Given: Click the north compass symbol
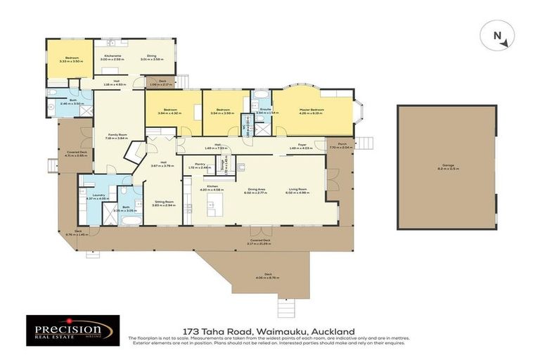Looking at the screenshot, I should (x=496, y=36).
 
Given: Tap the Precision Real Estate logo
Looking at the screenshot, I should (x=73, y=330).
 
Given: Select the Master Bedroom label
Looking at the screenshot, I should (x=312, y=110).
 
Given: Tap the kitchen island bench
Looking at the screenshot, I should (x=214, y=205).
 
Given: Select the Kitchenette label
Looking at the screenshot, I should (x=113, y=56).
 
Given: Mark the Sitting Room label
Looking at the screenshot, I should (x=164, y=200).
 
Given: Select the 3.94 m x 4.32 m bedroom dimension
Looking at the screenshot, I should (x=169, y=113).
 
